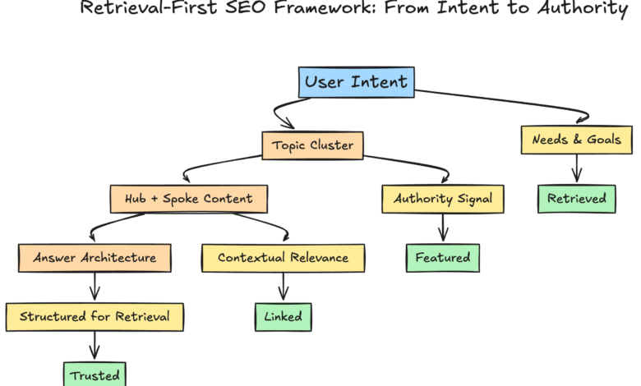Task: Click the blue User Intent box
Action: tap(356, 81)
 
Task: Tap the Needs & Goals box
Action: tap(577, 140)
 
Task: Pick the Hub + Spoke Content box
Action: tap(188, 199)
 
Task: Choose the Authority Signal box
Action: tap(442, 199)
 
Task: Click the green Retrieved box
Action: tap(577, 198)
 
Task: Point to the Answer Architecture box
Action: tap(95, 257)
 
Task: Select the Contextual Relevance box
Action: tap(283, 257)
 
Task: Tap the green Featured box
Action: tap(442, 257)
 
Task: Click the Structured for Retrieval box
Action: tap(95, 316)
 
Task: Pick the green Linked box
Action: tap(284, 316)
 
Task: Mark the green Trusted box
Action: tap(95, 375)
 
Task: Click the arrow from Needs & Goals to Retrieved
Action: tap(577, 168)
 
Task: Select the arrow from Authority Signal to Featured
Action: tap(443, 227)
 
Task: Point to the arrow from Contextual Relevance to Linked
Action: tap(284, 287)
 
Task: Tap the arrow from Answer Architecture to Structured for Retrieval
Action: tap(95, 287)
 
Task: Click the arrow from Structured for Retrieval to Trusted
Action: tap(95, 346)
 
